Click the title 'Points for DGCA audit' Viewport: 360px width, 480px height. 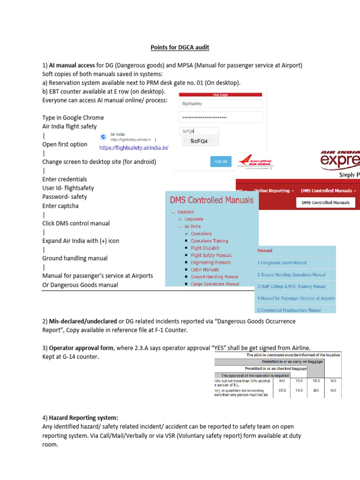(180, 47)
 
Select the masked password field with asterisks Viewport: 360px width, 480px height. (220, 117)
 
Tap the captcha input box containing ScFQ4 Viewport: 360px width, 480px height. (199, 132)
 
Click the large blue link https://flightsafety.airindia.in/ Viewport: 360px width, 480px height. (133, 148)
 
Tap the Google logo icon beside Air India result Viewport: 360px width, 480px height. (104, 137)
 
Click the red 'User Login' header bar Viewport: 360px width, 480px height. (220, 94)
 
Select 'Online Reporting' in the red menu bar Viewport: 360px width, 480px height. (274, 191)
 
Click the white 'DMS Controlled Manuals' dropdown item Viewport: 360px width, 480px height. (325, 202)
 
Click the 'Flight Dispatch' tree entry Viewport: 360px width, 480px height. (205, 248)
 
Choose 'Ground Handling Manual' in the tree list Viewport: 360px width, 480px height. (214, 277)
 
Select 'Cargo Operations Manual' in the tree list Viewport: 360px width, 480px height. (215, 284)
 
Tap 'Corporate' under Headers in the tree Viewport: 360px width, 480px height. (194, 219)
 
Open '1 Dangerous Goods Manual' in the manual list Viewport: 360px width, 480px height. (282, 263)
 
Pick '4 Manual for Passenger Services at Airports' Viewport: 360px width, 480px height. (296, 298)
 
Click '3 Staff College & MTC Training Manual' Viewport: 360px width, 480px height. (291, 286)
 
